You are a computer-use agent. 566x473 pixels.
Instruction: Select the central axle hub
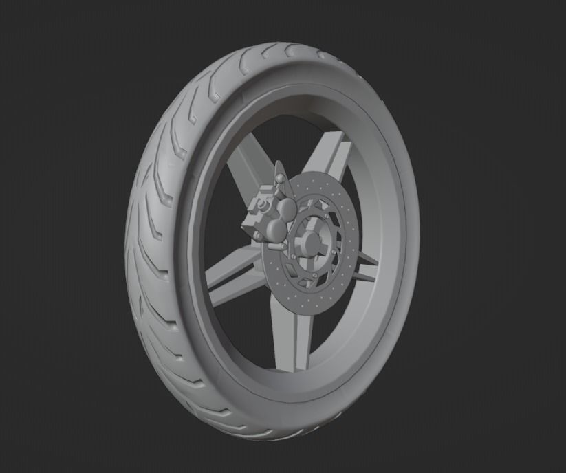pyautogui.click(x=309, y=241)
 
